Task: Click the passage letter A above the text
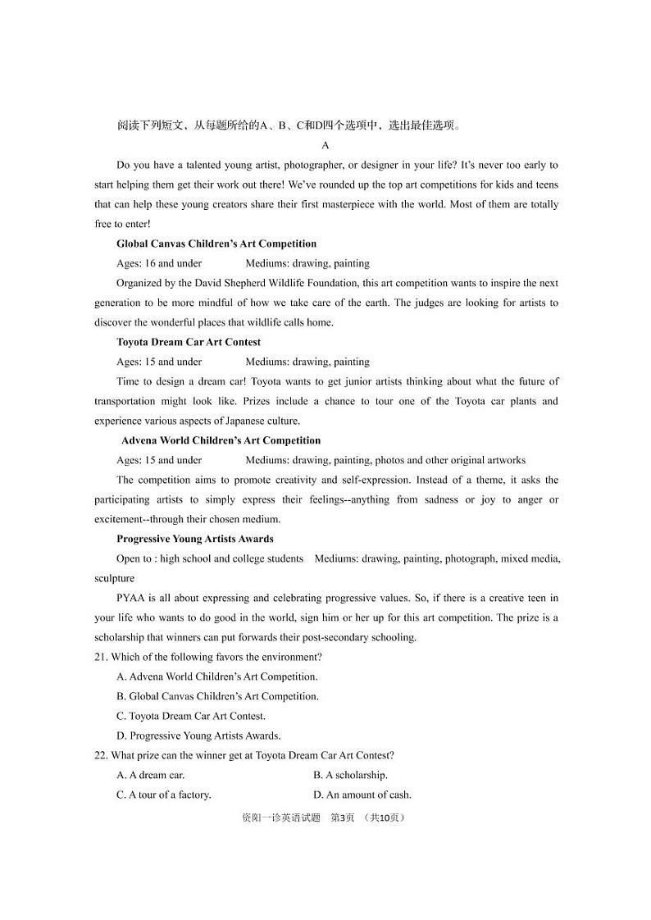pyautogui.click(x=325, y=145)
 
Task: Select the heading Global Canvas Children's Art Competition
pyautogui.click(x=216, y=244)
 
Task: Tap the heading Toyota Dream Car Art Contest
pyautogui.click(x=189, y=342)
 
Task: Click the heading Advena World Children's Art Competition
pyautogui.click(x=221, y=440)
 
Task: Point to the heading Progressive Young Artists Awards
pyautogui.click(x=195, y=539)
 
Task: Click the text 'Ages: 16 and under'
pyautogui.click(x=159, y=263)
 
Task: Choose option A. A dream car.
pyautogui.click(x=151, y=775)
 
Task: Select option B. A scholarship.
pyautogui.click(x=350, y=775)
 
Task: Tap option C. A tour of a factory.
pyautogui.click(x=164, y=795)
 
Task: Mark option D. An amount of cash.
pyautogui.click(x=362, y=795)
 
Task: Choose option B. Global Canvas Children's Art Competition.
pyautogui.click(x=218, y=696)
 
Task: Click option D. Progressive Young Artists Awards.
pyautogui.click(x=198, y=736)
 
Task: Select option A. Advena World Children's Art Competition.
pyautogui.click(x=217, y=676)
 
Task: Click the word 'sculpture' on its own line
pyautogui.click(x=115, y=578)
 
